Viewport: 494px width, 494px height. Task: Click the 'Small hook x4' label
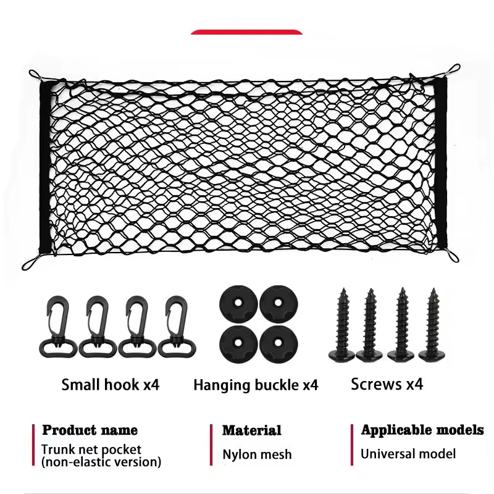[x=111, y=385]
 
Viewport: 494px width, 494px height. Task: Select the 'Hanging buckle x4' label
[x=256, y=385]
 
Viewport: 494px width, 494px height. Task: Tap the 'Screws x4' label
[x=387, y=384]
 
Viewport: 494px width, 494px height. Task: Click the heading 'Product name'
[x=90, y=430]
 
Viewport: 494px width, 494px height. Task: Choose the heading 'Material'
[x=252, y=430]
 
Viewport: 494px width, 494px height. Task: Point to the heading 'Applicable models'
[x=422, y=430]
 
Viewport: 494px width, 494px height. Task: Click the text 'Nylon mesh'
[x=257, y=455]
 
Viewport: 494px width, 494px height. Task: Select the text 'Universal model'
[x=408, y=454]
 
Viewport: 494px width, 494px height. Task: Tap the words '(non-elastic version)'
[x=101, y=462]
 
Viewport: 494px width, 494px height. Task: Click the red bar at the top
[x=247, y=31]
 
